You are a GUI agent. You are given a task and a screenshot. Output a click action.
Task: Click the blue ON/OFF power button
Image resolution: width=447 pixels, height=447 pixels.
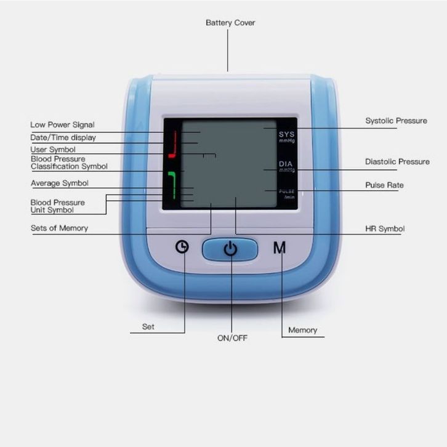click(x=230, y=249)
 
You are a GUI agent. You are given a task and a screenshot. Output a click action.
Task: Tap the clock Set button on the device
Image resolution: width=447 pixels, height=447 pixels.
click(x=182, y=247)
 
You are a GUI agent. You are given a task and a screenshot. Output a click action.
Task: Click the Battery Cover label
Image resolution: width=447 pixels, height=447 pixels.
click(x=230, y=23)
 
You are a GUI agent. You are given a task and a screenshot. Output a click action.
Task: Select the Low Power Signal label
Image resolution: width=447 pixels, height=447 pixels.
click(x=62, y=125)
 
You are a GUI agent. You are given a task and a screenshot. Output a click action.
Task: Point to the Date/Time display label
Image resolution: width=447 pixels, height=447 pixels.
click(x=63, y=137)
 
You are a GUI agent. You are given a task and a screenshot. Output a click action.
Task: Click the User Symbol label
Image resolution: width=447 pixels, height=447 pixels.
click(x=53, y=150)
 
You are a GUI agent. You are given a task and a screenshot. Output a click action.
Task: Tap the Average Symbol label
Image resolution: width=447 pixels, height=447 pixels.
click(x=59, y=183)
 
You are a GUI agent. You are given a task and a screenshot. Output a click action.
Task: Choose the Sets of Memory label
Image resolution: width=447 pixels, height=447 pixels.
click(x=59, y=228)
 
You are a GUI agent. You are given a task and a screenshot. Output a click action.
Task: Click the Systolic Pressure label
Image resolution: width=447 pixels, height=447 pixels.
click(x=396, y=121)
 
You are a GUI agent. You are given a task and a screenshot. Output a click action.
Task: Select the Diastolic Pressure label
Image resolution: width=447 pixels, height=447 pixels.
click(x=397, y=162)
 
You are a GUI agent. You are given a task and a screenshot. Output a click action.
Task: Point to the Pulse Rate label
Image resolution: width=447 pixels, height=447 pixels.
click(x=384, y=185)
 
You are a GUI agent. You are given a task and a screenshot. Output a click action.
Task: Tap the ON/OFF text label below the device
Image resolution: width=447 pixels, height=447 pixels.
click(x=232, y=338)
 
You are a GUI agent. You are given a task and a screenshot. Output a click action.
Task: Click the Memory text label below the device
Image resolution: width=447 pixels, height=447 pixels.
click(x=303, y=330)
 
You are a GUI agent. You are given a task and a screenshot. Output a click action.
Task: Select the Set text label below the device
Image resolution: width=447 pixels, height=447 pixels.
click(x=148, y=327)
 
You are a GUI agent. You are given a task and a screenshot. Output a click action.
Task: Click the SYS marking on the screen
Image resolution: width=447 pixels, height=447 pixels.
click(x=287, y=134)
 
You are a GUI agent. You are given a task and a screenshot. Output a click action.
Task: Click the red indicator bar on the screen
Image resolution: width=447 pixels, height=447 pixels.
click(x=172, y=144)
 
